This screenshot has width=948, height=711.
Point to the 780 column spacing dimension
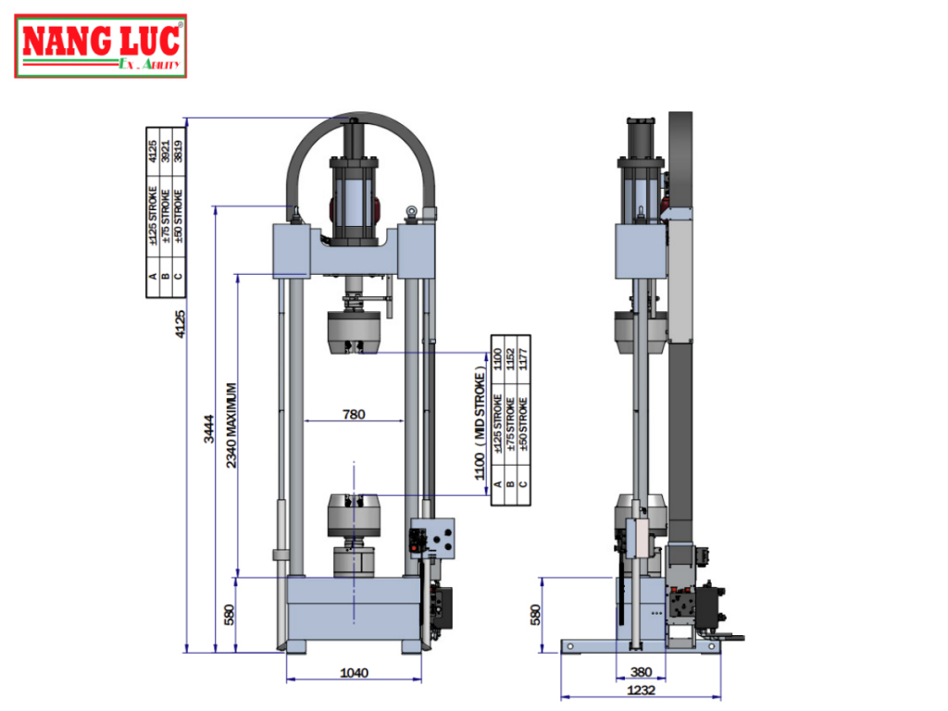[x=354, y=415]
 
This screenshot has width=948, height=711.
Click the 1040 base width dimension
[x=355, y=673]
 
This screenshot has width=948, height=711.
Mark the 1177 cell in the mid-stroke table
[x=523, y=358]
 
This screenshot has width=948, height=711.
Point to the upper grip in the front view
[x=354, y=332]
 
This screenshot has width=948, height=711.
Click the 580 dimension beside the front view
[x=230, y=615]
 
